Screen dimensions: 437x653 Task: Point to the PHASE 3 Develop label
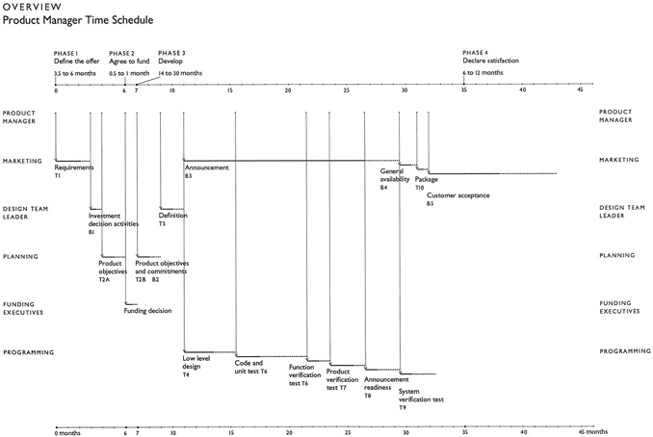(173, 58)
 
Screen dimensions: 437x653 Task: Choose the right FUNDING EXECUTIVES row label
(618, 307)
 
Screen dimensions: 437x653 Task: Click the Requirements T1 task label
(74, 171)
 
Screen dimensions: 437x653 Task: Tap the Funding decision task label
(147, 311)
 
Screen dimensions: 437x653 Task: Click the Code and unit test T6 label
(250, 367)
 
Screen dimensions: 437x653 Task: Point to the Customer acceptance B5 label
(457, 199)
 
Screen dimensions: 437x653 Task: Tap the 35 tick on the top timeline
(464, 90)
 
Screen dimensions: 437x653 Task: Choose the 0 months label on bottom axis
(69, 432)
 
